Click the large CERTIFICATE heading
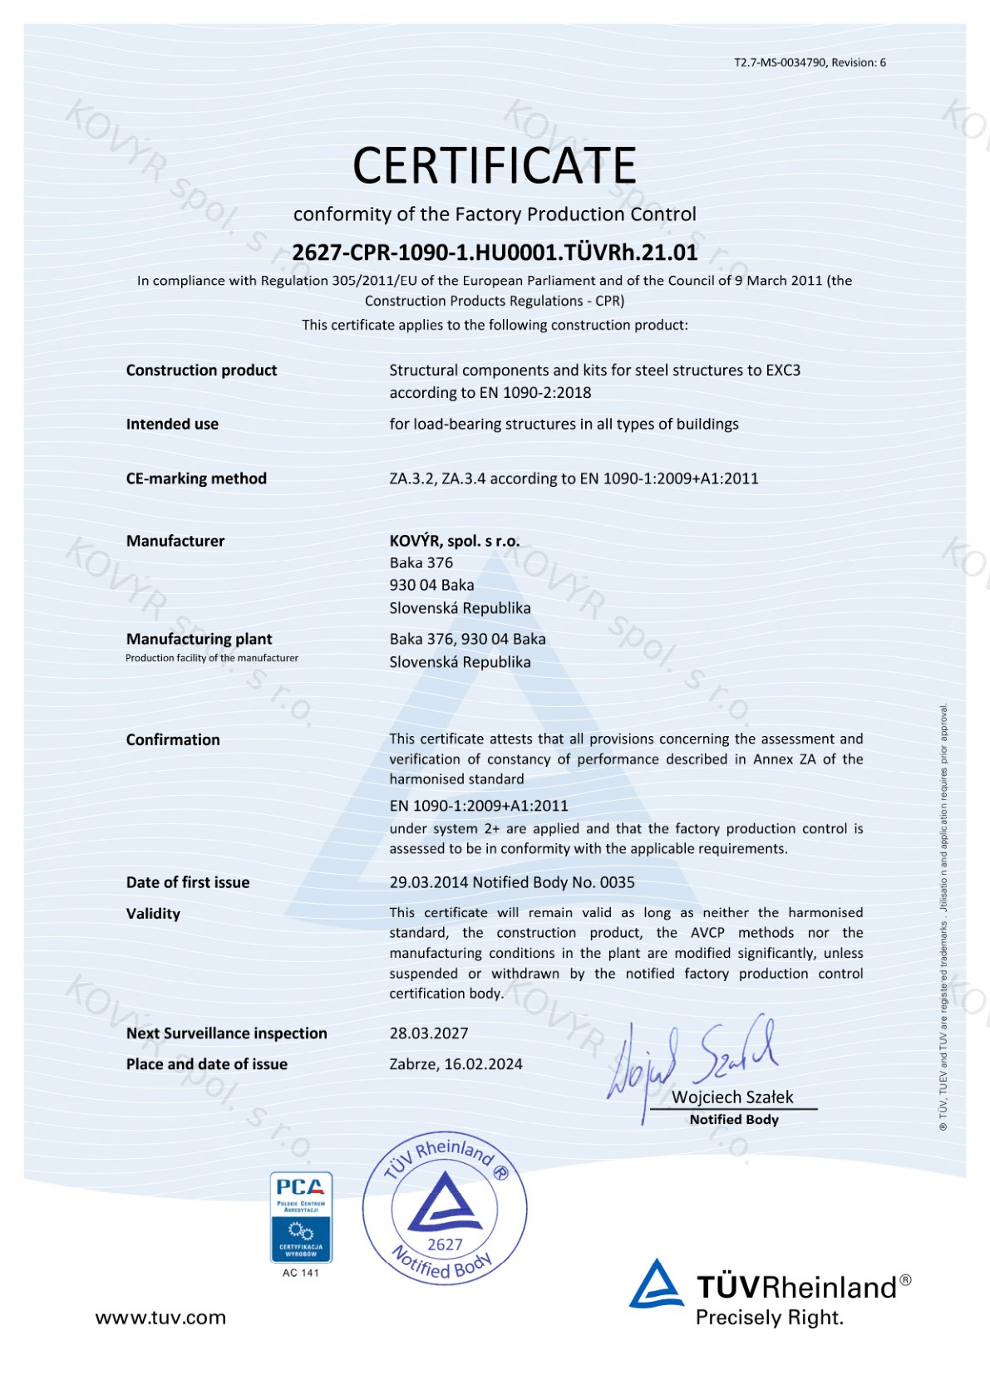tap(495, 165)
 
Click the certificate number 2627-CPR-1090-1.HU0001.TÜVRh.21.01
tap(495, 253)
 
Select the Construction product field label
tap(201, 371)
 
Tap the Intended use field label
tap(172, 425)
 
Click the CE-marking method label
tap(196, 479)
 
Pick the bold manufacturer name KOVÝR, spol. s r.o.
tap(454, 541)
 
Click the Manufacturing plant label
tap(199, 639)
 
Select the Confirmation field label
tap(173, 739)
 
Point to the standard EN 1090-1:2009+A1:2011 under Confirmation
tap(479, 806)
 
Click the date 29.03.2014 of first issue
tap(428, 882)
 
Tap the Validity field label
tap(153, 914)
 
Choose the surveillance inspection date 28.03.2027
tap(429, 1033)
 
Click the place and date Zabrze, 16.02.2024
tap(456, 1064)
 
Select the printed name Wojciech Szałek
tap(732, 1097)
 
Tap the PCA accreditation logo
tap(301, 1217)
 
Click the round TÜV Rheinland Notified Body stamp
tap(445, 1209)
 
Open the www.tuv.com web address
tap(160, 1318)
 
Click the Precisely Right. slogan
tap(769, 1318)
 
